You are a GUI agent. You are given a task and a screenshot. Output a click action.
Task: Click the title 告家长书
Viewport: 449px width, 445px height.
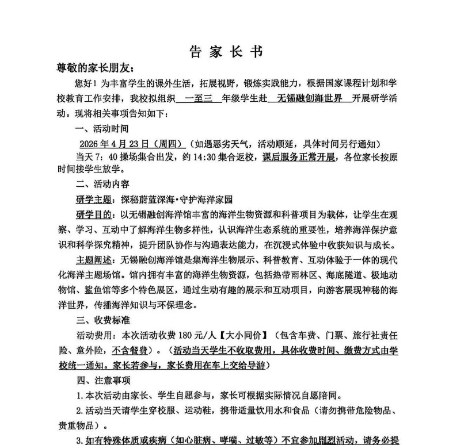(226, 52)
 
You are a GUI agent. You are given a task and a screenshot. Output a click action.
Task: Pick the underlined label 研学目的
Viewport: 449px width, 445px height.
(95, 214)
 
